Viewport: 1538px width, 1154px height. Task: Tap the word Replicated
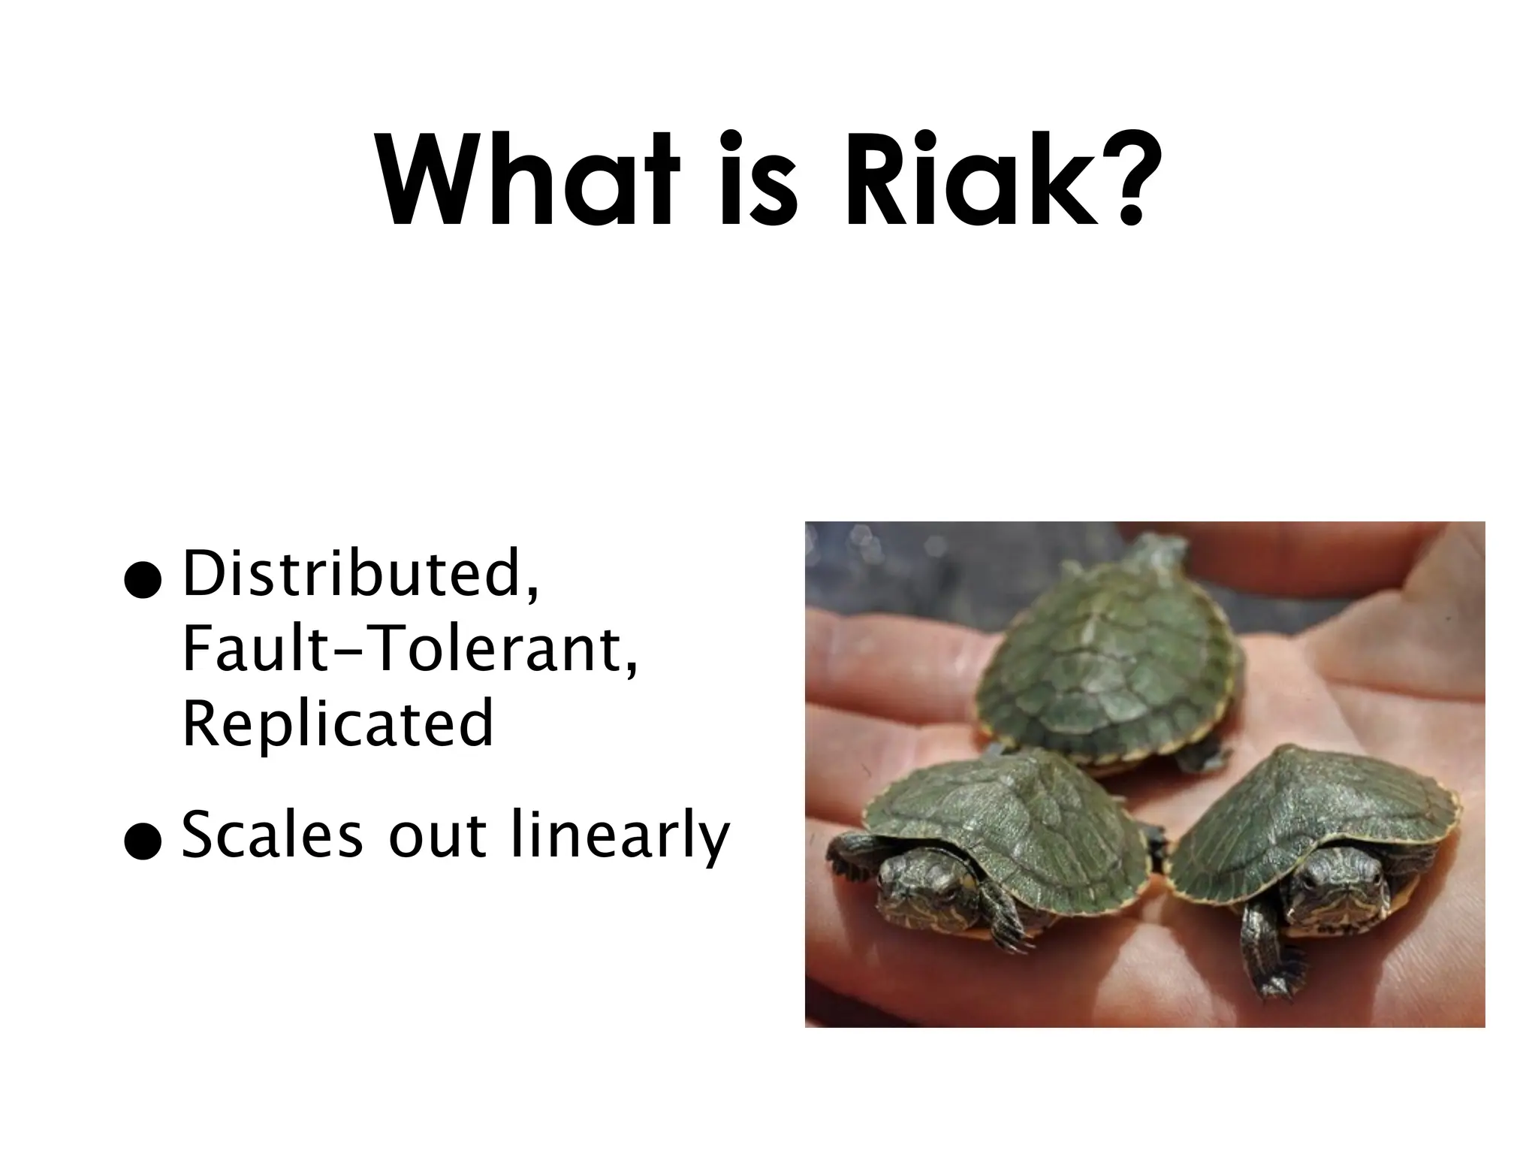tap(338, 724)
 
